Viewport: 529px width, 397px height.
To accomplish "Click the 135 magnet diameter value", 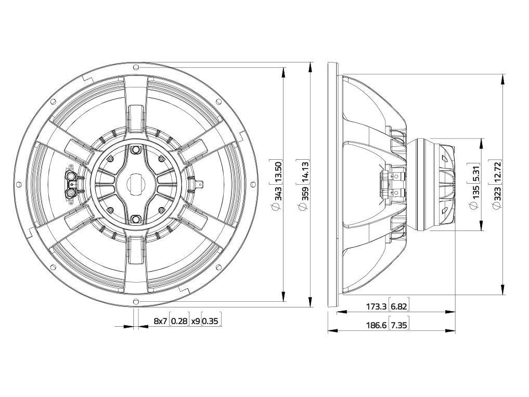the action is (476, 192).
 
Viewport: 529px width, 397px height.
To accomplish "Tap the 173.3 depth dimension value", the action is (376, 306).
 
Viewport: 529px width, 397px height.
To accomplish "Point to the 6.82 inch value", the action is (399, 306).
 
